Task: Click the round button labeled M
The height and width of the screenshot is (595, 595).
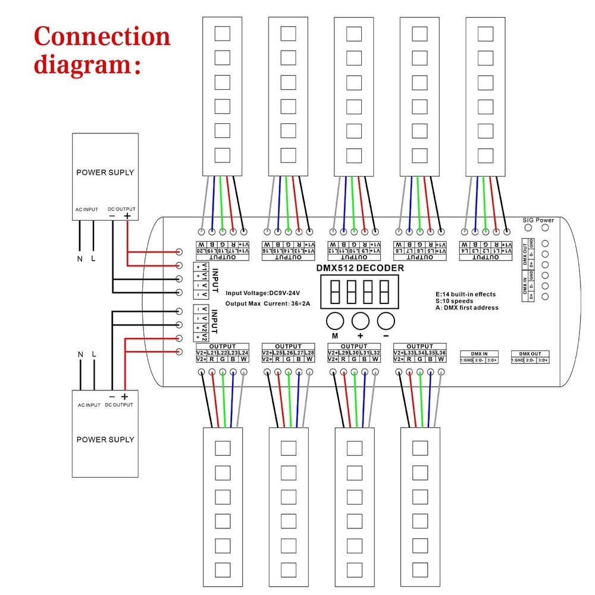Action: tap(335, 321)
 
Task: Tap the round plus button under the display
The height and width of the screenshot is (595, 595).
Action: tap(361, 321)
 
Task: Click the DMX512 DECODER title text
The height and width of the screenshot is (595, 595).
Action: tap(360, 268)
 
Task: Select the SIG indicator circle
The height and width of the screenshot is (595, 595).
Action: tap(528, 229)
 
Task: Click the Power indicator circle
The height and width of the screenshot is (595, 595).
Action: tap(545, 229)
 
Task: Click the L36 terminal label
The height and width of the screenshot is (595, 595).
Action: tap(441, 353)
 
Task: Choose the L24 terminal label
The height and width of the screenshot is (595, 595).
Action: tap(243, 353)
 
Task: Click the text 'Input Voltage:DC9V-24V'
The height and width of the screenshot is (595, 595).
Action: tap(262, 293)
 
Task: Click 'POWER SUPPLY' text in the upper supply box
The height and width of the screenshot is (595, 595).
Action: tap(105, 173)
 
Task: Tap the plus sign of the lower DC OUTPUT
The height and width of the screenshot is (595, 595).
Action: tap(124, 396)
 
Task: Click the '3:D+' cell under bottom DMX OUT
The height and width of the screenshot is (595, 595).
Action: tap(543, 361)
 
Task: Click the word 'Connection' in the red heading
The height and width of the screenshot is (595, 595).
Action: tap(102, 37)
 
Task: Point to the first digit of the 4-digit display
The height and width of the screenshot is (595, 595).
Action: tap(334, 292)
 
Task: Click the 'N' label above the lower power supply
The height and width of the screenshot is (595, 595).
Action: tap(81, 355)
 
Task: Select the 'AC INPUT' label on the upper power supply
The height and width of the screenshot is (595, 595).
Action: tap(86, 209)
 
